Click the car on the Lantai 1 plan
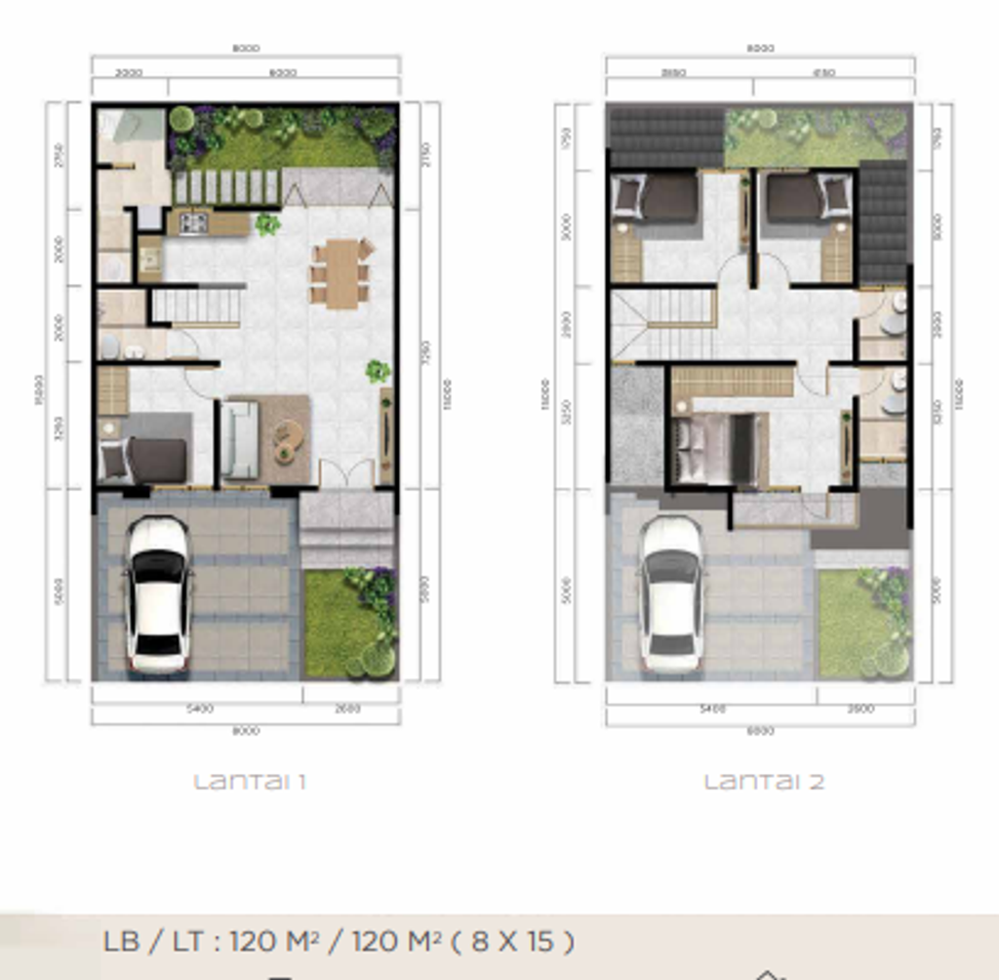pos(157,594)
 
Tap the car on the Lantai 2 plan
pos(671,594)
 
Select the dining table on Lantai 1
pos(341,273)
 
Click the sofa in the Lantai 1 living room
pos(239,440)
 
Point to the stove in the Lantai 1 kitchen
pos(193,224)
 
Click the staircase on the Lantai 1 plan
pos(196,306)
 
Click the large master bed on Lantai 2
pos(717,449)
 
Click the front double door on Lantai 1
pos(347,474)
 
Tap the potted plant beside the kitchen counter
pos(266,225)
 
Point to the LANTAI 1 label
pos(250,782)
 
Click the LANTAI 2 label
pos(764,782)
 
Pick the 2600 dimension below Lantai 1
pos(348,709)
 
